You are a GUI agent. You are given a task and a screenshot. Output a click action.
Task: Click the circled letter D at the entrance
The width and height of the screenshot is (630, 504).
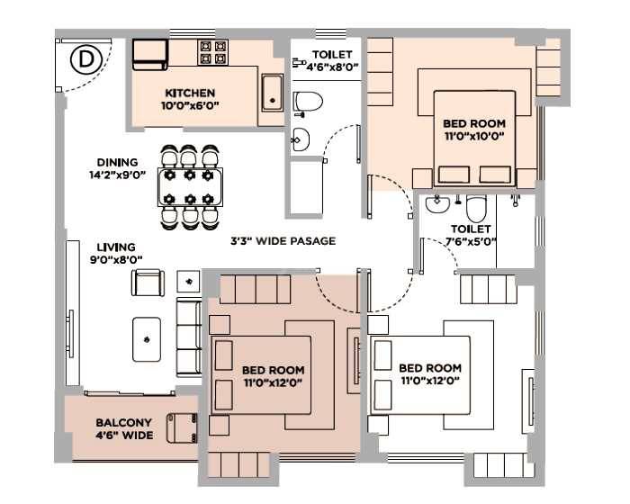tap(85, 60)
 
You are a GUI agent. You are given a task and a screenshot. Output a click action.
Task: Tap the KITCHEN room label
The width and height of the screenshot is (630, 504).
tap(189, 93)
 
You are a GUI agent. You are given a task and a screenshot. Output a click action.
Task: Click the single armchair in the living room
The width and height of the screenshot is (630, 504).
tap(148, 283)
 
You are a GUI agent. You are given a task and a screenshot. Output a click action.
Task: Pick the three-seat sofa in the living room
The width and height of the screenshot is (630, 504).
tap(189, 337)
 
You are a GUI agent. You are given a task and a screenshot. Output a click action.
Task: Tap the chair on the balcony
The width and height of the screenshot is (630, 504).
tap(183, 427)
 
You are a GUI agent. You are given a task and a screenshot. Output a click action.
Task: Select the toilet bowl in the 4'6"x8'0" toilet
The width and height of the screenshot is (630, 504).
tap(308, 103)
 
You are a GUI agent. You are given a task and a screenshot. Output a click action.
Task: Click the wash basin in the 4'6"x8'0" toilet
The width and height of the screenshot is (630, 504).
tap(300, 139)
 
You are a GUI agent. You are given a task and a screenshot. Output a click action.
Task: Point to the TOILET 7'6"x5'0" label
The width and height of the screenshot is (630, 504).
tap(472, 235)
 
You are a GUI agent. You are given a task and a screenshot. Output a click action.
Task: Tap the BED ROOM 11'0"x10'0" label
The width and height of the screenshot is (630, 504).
tap(473, 130)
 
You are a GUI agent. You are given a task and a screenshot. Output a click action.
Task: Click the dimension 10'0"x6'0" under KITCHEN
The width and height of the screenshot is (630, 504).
tap(189, 106)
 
